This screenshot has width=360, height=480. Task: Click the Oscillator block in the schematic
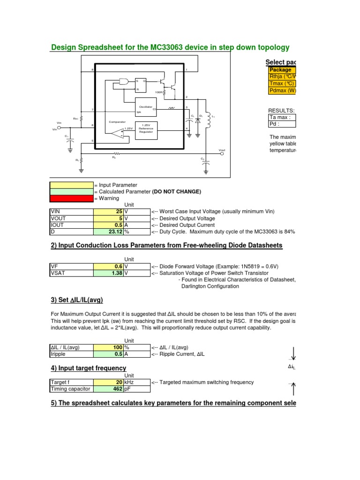[x=146, y=106]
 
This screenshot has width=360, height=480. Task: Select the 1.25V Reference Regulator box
[x=146, y=128]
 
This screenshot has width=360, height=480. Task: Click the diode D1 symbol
[x=197, y=120]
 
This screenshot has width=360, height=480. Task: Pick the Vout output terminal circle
[x=222, y=153]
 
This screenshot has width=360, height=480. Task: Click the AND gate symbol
[x=124, y=82]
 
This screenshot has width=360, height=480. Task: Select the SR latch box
[x=141, y=84]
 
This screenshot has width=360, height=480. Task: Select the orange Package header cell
[x=280, y=70]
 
